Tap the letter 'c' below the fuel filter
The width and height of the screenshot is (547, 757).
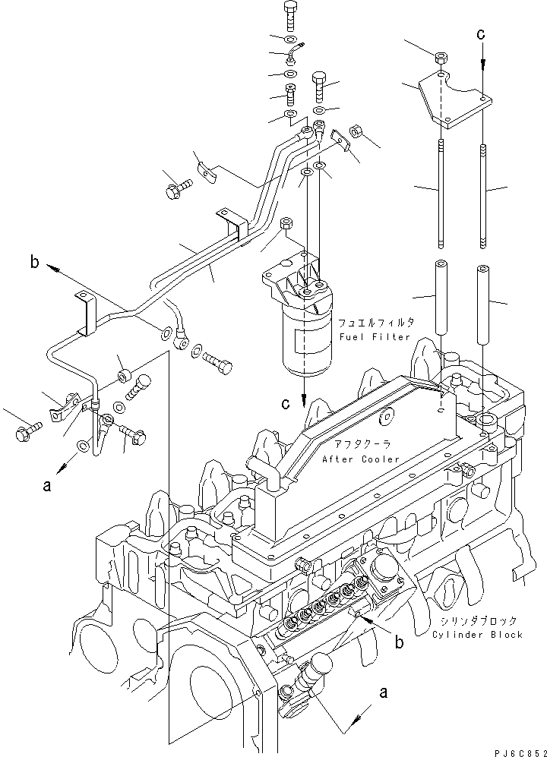pyautogui.click(x=286, y=404)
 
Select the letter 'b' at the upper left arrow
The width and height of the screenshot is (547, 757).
pyautogui.click(x=34, y=264)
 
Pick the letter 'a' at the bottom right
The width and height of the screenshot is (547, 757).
pyautogui.click(x=384, y=692)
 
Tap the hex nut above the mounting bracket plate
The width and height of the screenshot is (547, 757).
pyautogui.click(x=440, y=58)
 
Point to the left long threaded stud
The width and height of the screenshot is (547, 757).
pyautogui.click(x=440, y=190)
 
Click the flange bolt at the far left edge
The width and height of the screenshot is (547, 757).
pyautogui.click(x=22, y=434)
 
